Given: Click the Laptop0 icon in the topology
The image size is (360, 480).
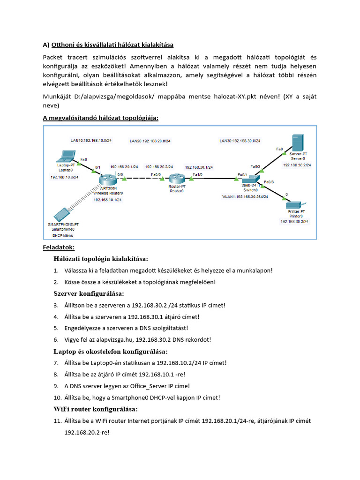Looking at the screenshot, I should (x=66, y=155).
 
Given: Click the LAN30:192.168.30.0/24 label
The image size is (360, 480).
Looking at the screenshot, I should (x=240, y=141).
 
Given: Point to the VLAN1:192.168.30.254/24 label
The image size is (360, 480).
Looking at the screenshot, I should (x=245, y=197).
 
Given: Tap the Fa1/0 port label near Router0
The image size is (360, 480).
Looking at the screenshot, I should (x=197, y=174).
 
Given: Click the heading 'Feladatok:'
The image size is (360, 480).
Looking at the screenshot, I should (x=59, y=247).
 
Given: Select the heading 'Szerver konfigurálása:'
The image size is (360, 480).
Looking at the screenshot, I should (x=89, y=293).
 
